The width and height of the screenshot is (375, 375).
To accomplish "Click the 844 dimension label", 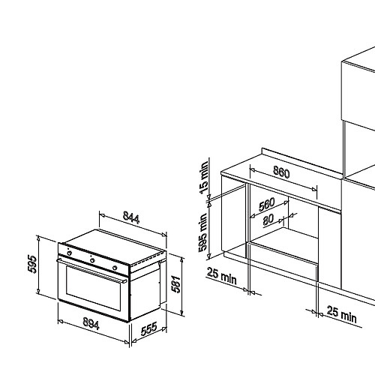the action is [x=131, y=217].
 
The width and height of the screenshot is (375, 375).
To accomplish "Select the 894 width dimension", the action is [x=91, y=324].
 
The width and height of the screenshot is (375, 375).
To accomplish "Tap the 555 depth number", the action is [x=149, y=329].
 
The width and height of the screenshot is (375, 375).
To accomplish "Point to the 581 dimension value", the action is [x=175, y=284].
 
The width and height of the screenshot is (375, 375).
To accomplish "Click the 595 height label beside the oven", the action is [x=32, y=264].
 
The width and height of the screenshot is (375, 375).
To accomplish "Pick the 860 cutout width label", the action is [x=281, y=172].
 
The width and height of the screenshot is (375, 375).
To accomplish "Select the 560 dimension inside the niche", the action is [x=267, y=205].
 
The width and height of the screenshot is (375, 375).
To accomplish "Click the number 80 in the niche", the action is [x=268, y=220].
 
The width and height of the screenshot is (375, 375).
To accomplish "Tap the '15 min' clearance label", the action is [x=204, y=178].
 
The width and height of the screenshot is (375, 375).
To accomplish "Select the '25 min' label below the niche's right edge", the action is [x=342, y=315].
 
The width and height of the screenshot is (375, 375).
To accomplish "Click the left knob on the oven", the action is [x=70, y=253].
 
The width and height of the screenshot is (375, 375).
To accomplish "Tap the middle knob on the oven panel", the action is [x=92, y=260].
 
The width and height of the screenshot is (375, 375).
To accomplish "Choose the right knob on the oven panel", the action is [x=115, y=268].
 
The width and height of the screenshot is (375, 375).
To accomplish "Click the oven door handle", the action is [x=91, y=271].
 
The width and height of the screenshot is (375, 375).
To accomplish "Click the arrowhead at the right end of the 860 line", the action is [x=314, y=189].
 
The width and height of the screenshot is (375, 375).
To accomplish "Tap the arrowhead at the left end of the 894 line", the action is [x=60, y=321].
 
